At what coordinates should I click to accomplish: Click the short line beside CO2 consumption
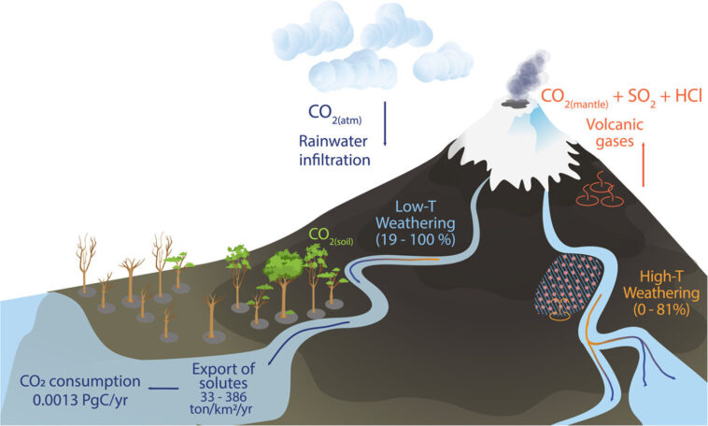coord(164,385)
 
